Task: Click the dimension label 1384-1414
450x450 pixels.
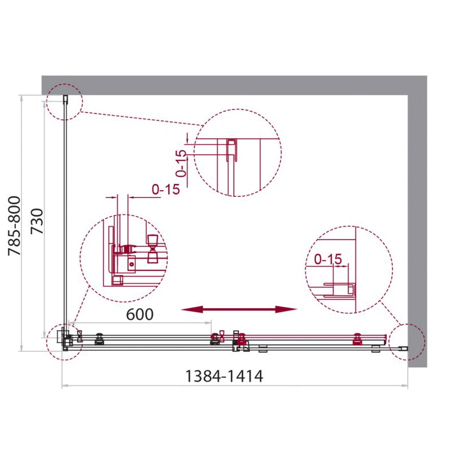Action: point(224,376)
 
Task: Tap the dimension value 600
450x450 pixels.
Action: point(139,314)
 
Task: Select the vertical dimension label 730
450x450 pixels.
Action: point(37,221)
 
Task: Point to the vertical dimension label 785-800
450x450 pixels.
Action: point(15,226)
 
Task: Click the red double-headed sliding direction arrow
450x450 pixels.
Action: point(239,309)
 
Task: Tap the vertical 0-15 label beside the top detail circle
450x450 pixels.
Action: point(181,163)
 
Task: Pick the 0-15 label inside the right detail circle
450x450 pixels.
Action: point(328,259)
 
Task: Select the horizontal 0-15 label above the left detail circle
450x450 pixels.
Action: point(166,190)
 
